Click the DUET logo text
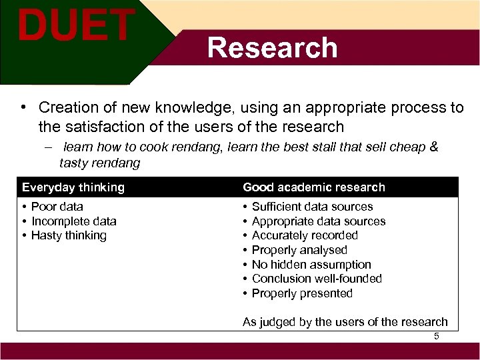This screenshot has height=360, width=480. pos(75,25)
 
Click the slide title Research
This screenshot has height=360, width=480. pos(272,48)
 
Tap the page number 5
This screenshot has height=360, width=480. pos(437,336)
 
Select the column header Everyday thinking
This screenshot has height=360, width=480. pos(73,187)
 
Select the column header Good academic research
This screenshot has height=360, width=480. pos(314,187)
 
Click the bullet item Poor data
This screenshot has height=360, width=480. pos(57,207)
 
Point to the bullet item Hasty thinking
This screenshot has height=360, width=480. pos(69,235)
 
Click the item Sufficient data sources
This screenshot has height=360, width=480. pos(312,207)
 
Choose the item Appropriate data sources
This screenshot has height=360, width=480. pos(319,221)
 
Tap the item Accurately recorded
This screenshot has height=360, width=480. pos(305,235)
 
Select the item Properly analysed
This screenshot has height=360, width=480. pos(299,250)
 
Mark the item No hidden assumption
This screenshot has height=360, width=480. pos(311,265)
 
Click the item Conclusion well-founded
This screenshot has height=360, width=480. pos(317,279)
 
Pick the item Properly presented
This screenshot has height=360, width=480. pos(302,293)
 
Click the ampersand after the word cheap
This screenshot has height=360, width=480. pos(434,147)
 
